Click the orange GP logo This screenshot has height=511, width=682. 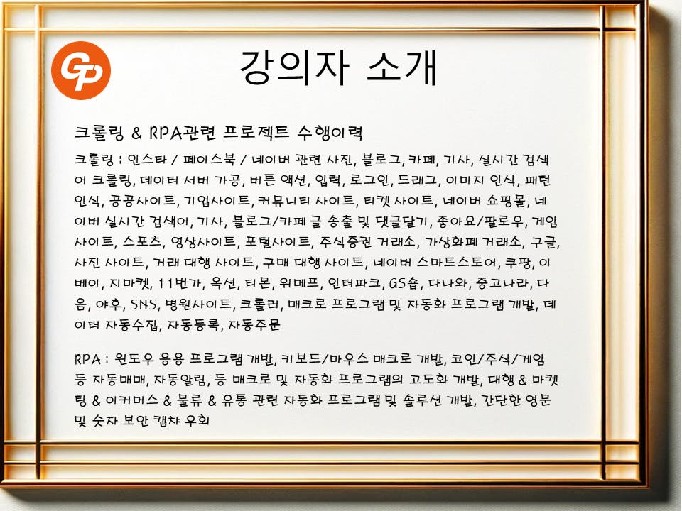pyautogui.click(x=81, y=70)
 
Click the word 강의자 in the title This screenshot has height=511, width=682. pyautogui.click(x=294, y=68)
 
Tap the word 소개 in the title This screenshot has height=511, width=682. pyautogui.click(x=402, y=68)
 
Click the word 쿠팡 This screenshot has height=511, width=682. pyautogui.click(x=519, y=263)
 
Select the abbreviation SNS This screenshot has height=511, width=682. pyautogui.click(x=144, y=304)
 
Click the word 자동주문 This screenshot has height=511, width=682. pyautogui.click(x=254, y=324)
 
